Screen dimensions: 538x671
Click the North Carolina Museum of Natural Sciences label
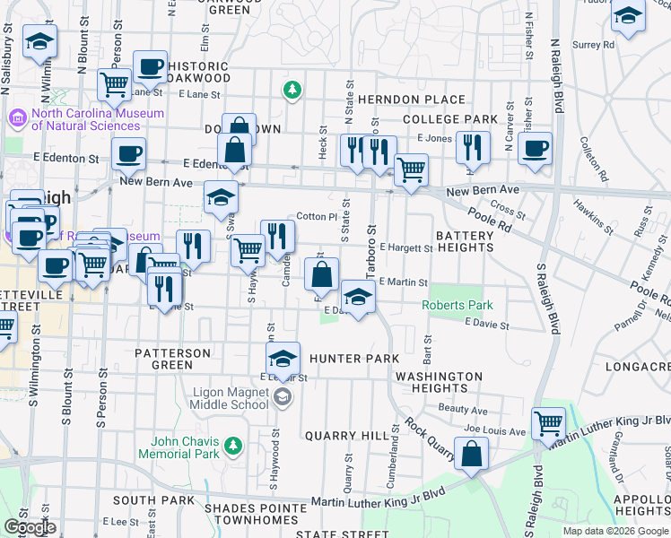point(86,119)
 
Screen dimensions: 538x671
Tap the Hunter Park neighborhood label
point(353,359)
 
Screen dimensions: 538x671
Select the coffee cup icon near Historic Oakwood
point(150,65)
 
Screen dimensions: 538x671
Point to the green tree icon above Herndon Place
point(292,90)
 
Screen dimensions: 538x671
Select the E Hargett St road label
point(405,247)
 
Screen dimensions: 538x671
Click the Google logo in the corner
point(30,526)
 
